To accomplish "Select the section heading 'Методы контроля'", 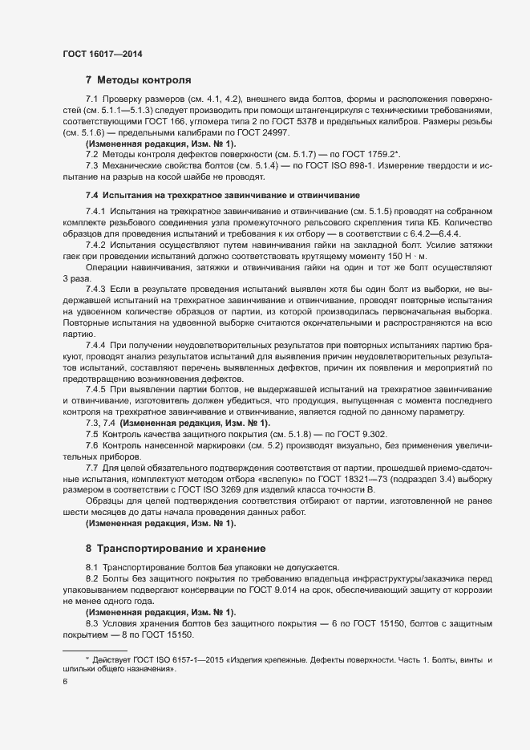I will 144,80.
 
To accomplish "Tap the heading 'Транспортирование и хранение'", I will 181,549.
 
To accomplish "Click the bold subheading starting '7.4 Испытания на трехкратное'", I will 223,196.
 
